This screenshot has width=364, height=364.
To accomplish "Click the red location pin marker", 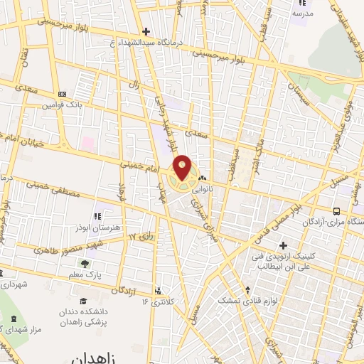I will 183,168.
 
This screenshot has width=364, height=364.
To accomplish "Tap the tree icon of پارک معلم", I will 85,264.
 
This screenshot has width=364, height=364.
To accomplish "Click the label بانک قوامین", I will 58,104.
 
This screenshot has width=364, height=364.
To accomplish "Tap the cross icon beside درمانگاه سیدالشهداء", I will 146,31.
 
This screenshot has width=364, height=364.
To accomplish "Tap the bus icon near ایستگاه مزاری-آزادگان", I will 336,211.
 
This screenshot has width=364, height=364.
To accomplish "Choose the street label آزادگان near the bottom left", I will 122,290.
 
